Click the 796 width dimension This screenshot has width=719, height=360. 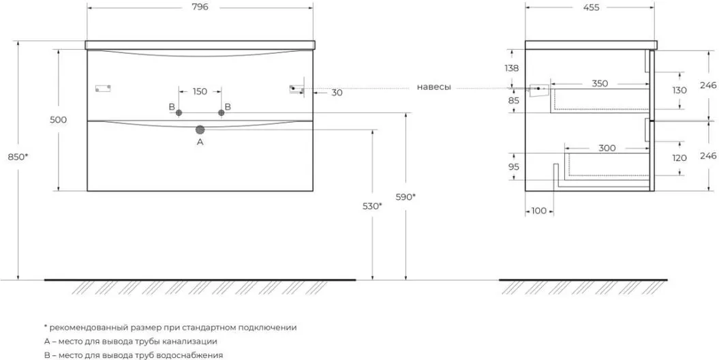click(200, 7)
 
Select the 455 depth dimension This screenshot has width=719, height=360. click(591, 7)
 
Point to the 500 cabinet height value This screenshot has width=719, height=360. click(58, 120)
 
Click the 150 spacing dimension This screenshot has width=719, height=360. click(200, 92)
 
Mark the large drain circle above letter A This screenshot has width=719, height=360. click(200, 130)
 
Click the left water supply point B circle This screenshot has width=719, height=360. click(179, 112)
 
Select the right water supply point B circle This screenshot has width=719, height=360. click(221, 112)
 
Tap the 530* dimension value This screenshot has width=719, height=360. click(372, 207)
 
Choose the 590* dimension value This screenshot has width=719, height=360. click(406, 197)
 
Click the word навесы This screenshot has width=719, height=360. click(433, 87)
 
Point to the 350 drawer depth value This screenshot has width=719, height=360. click(600, 83)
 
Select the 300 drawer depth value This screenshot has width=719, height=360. click(607, 148)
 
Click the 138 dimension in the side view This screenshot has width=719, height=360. click(511, 68)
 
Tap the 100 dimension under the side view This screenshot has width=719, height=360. click(539, 211)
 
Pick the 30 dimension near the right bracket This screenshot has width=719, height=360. click(337, 93)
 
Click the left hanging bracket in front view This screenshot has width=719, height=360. click(103, 89)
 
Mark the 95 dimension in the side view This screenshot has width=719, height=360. click(514, 167)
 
